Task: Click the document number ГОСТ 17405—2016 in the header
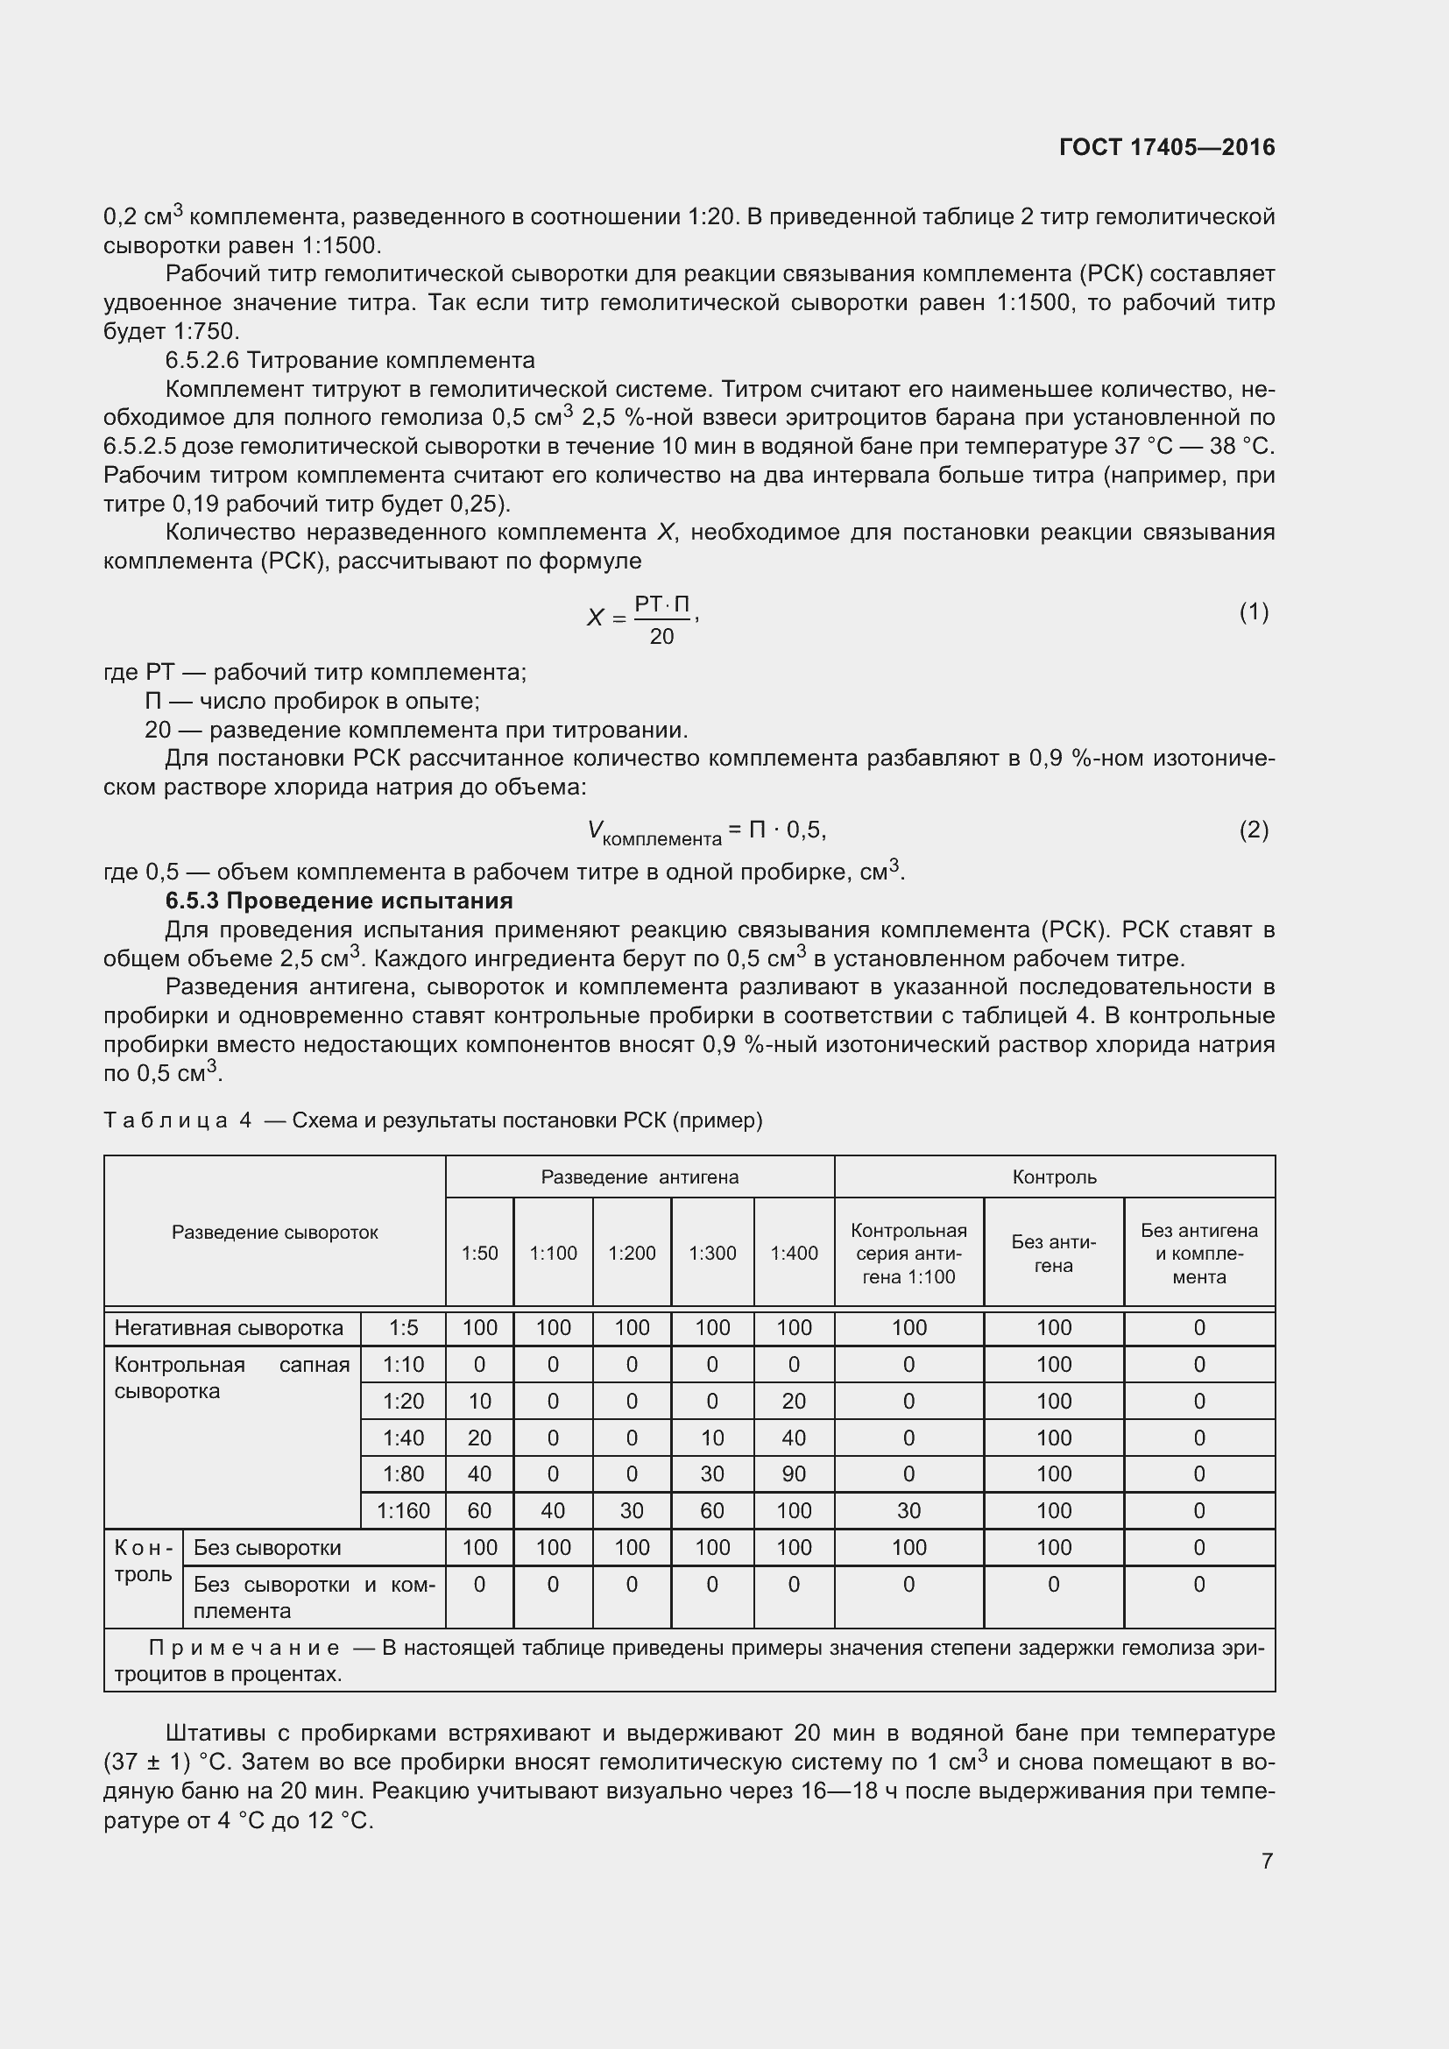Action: click(x=1166, y=147)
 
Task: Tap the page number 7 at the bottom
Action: click(x=1267, y=1861)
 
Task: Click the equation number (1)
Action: click(x=1253, y=612)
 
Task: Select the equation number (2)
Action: click(x=1253, y=830)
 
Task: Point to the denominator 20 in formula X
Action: click(x=661, y=636)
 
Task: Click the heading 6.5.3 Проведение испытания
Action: click(x=339, y=901)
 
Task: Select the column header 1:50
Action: click(x=479, y=1253)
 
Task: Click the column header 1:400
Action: click(x=793, y=1253)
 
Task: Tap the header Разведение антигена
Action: click(x=640, y=1177)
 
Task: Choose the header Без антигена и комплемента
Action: click(x=1198, y=1253)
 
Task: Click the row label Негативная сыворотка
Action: click(x=229, y=1328)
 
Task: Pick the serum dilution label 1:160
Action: click(x=403, y=1511)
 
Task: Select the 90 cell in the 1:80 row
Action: click(x=793, y=1474)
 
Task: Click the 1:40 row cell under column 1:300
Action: click(x=712, y=1438)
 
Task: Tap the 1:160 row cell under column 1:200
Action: click(x=632, y=1511)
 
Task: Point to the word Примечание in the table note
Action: click(x=244, y=1648)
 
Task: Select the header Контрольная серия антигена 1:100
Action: click(x=908, y=1253)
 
